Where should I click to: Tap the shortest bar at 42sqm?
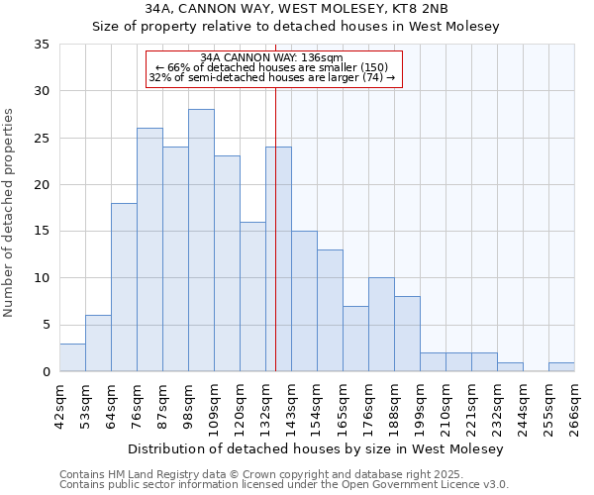point(72,357)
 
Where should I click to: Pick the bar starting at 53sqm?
point(98,344)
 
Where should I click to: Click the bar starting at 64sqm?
point(124,287)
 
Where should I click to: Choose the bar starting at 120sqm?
point(252,297)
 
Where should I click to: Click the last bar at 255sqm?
point(561,367)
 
